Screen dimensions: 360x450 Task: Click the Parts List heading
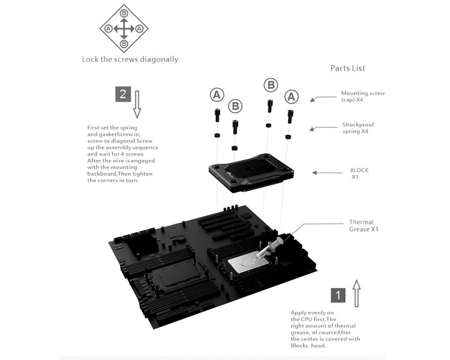point(347,68)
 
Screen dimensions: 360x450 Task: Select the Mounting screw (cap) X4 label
point(363,96)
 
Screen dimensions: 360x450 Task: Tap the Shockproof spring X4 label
point(359,128)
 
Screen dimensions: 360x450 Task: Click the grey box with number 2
point(123,94)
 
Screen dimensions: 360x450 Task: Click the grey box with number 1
point(337,294)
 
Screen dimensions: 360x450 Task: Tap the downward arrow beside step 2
point(137,104)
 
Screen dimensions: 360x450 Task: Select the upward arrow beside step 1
point(356,293)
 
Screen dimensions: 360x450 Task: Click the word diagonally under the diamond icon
point(157,60)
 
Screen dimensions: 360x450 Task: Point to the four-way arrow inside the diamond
point(124,29)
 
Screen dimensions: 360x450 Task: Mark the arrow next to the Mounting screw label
point(322,97)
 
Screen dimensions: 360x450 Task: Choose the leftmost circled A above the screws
point(216,95)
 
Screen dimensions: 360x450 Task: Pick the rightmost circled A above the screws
point(291,97)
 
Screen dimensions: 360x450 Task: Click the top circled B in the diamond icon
point(124,13)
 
